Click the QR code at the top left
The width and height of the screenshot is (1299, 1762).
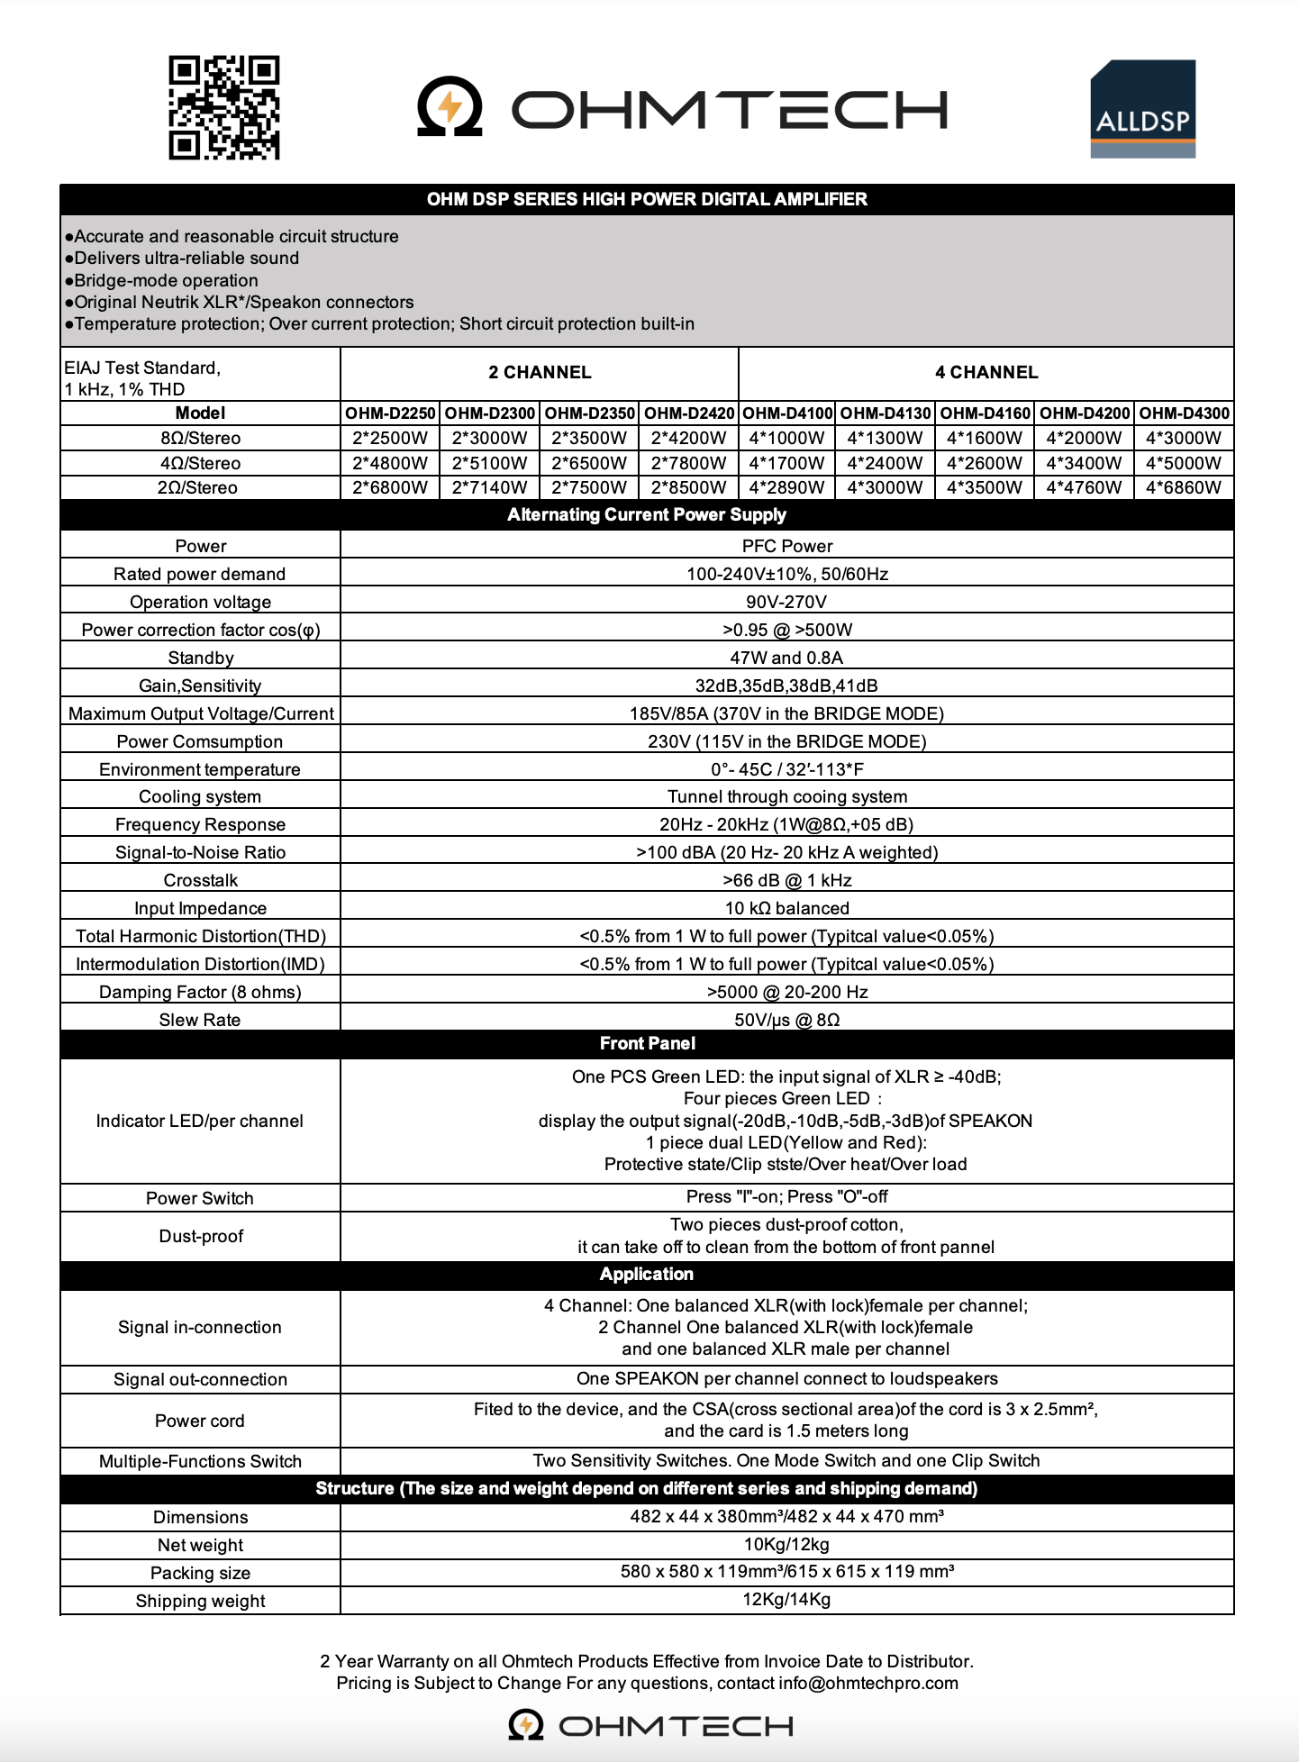224,107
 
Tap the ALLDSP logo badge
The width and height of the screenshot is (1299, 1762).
1142,109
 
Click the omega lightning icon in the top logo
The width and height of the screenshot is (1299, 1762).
450,107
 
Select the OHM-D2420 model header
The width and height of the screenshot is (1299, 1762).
689,413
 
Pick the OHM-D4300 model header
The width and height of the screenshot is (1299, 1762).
1184,413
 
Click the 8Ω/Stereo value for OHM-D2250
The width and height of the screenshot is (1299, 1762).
390,439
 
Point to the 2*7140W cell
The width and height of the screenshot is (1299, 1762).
489,487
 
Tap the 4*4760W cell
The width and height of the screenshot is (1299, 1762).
1084,487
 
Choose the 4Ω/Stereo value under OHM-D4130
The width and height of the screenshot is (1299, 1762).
885,463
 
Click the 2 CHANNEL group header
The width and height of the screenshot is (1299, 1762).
540,372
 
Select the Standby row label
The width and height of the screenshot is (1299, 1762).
200,658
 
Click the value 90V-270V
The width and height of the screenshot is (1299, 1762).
786,602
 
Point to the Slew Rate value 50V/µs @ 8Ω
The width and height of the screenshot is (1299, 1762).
786,1020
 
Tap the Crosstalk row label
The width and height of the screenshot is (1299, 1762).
200,880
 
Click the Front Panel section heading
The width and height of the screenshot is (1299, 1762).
647,1043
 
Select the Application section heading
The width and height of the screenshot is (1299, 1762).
647,1274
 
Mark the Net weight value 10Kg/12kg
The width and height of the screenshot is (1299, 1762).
786,1544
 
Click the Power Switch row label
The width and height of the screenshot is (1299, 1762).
200,1198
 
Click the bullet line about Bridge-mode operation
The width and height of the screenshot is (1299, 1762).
166,280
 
